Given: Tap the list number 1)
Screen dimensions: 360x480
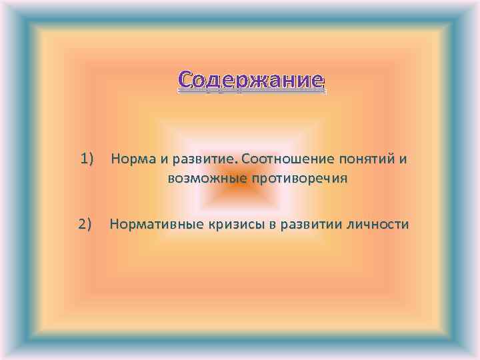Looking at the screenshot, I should pos(89,159).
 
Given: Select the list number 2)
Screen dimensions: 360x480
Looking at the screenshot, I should pos(89,224).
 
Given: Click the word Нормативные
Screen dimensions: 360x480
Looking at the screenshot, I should pos(154,225).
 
